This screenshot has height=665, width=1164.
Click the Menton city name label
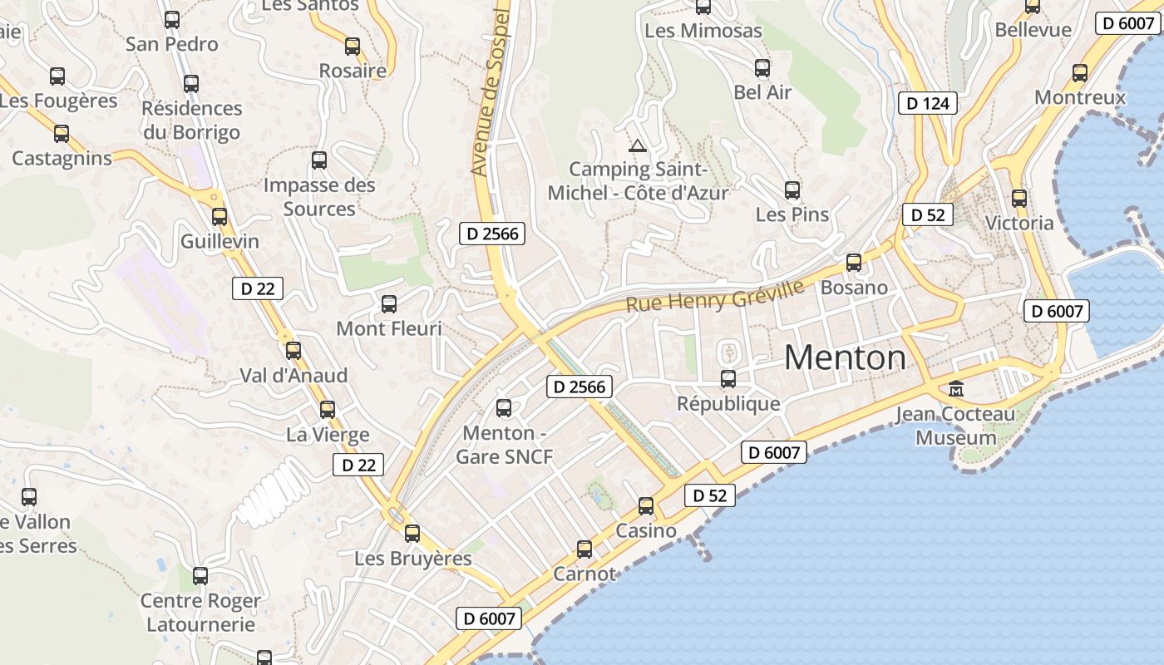tap(845, 357)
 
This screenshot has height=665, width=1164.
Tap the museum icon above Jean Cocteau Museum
tap(956, 388)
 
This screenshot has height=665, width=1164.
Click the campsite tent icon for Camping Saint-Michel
tap(638, 146)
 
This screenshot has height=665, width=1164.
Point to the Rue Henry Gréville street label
tap(715, 297)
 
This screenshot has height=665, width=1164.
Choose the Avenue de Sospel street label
tap(490, 91)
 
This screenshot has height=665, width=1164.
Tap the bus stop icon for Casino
tap(646, 505)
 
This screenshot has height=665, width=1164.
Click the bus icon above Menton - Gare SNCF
tap(504, 407)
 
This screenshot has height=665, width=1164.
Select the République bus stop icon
tap(728, 379)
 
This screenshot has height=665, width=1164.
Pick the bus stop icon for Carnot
tap(584, 549)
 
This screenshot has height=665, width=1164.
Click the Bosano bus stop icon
tap(854, 263)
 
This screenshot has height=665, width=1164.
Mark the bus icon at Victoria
tap(1019, 199)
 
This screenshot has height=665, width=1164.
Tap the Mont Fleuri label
tap(389, 328)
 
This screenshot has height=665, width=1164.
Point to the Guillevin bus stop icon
tap(219, 216)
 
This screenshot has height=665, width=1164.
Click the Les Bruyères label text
tap(413, 558)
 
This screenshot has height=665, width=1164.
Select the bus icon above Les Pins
tap(792, 190)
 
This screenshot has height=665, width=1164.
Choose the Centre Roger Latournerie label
tap(200, 612)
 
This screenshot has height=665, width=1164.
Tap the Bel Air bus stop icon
tap(762, 68)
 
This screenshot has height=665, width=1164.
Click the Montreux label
tap(1079, 97)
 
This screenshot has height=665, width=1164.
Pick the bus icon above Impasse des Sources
tap(319, 160)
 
